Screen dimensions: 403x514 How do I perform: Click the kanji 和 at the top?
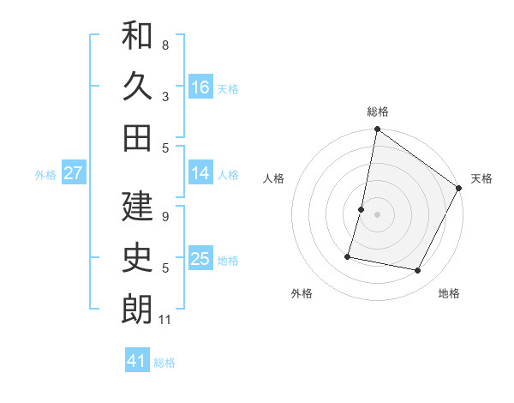(x=137, y=36)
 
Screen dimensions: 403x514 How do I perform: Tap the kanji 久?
(x=137, y=87)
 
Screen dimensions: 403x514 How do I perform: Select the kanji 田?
(x=137, y=137)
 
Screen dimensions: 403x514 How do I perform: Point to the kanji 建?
(x=137, y=207)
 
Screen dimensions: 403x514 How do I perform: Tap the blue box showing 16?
(x=200, y=87)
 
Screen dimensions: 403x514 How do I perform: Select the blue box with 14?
(x=200, y=172)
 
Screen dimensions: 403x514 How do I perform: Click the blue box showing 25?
(x=200, y=258)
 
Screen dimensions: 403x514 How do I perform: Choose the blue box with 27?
(x=74, y=172)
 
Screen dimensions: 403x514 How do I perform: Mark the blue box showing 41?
(x=137, y=361)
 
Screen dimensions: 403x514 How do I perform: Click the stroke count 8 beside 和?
(x=164, y=45)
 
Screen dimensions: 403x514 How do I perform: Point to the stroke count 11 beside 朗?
(x=165, y=320)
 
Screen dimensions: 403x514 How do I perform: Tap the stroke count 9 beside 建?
(x=164, y=217)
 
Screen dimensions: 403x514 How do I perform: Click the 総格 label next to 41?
(x=164, y=363)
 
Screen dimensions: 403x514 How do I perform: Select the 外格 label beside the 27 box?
(x=45, y=174)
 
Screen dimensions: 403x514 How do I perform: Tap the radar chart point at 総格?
(x=377, y=130)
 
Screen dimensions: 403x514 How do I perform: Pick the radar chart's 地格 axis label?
(x=449, y=293)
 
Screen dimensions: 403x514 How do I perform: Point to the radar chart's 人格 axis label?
(x=274, y=178)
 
